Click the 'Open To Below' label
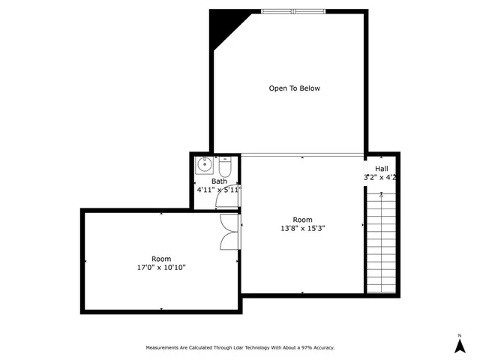(x=294, y=88)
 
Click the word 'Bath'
(x=219, y=181)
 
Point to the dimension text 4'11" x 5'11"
(x=218, y=190)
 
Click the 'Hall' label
(x=382, y=169)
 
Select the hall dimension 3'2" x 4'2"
(x=380, y=178)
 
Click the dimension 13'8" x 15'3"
(x=303, y=228)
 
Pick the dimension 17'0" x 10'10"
(x=162, y=268)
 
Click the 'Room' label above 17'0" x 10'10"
(x=162, y=259)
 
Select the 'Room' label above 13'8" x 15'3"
(x=303, y=219)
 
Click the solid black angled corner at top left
(x=222, y=25)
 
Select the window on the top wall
(x=293, y=11)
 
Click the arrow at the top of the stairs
(x=382, y=195)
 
